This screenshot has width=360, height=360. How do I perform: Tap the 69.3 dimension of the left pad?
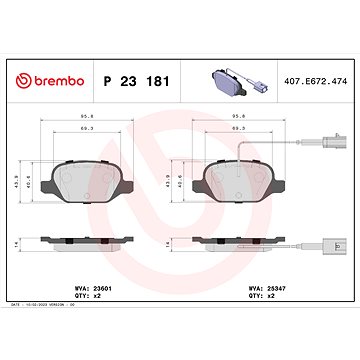click(88, 131)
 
